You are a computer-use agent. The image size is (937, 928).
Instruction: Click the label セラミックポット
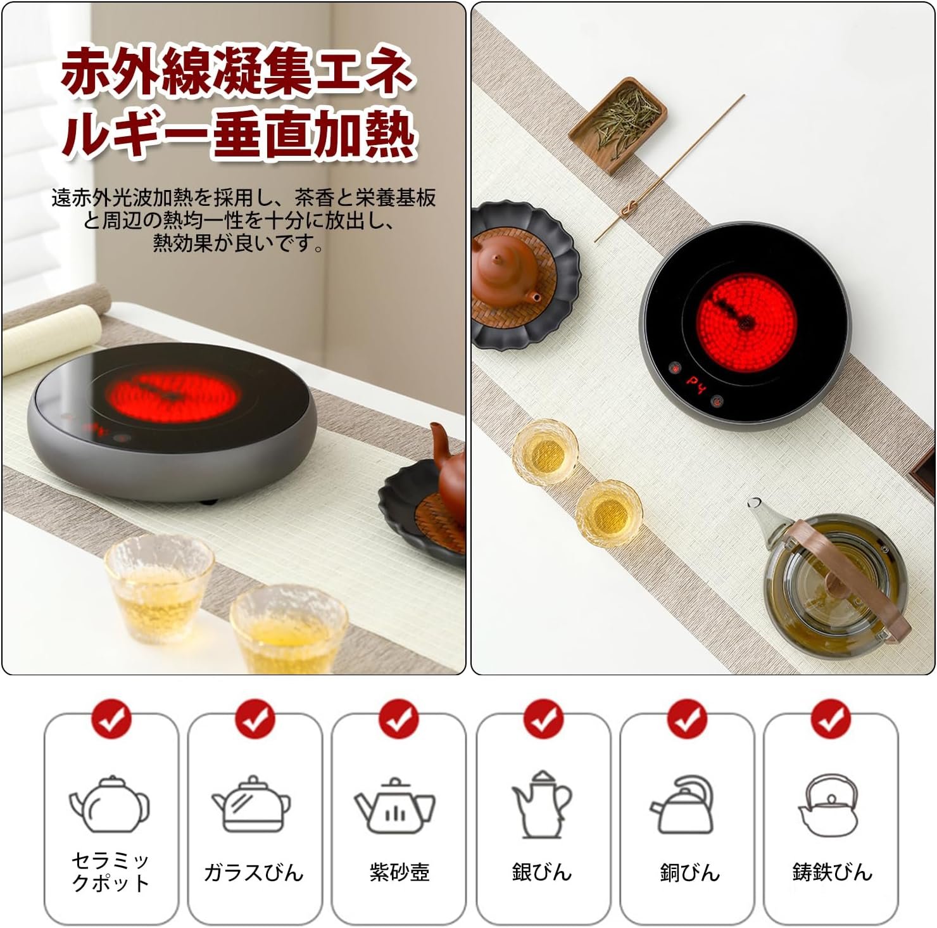tap(111, 872)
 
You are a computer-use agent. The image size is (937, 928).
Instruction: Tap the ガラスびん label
tap(254, 872)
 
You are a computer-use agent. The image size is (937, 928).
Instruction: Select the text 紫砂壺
tap(399, 872)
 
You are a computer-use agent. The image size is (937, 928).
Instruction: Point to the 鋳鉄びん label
tap(832, 872)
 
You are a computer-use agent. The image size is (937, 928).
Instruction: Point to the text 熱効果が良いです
tap(238, 243)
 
